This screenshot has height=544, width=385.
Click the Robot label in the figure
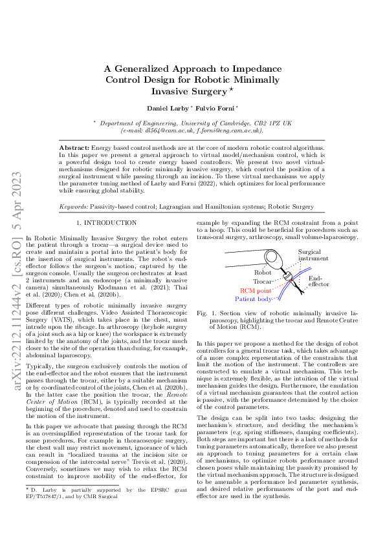(x=263, y=273)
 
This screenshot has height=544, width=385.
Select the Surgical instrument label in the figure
(x=313, y=255)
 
